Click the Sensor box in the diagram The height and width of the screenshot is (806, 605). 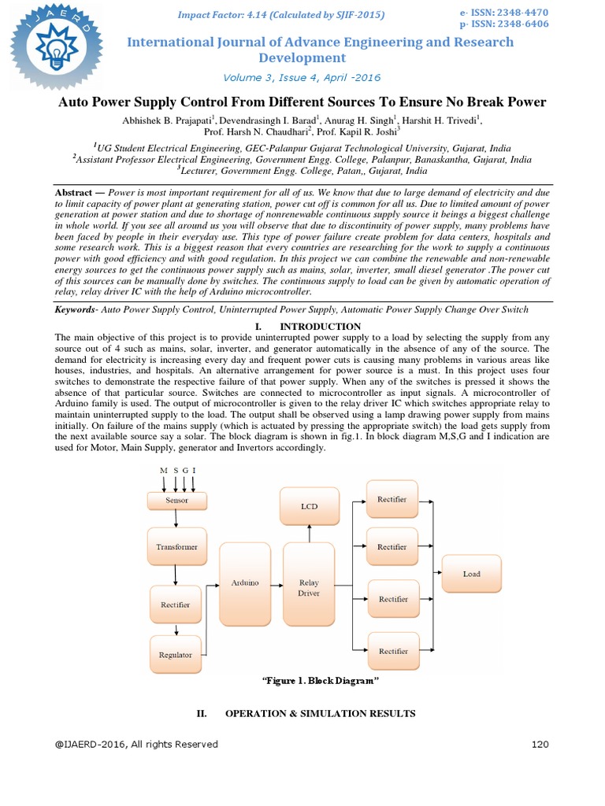[176, 500]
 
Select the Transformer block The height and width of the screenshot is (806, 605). [176, 546]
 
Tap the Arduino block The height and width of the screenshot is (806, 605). [245, 583]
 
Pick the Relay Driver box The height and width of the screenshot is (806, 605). [309, 588]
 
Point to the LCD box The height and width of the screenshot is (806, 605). [310, 506]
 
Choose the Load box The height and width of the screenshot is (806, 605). [471, 574]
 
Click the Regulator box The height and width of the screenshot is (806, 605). [175, 655]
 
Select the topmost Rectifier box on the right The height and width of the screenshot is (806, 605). [392, 500]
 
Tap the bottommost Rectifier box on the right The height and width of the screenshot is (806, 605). [392, 651]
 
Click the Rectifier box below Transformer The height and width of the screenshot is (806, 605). [176, 604]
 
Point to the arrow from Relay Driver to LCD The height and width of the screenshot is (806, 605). [310, 534]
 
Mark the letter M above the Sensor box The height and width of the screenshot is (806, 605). [163, 471]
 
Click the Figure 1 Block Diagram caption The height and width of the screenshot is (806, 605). [314, 680]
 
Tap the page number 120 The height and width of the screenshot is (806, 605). [540, 744]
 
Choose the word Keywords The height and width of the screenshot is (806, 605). [74, 310]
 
